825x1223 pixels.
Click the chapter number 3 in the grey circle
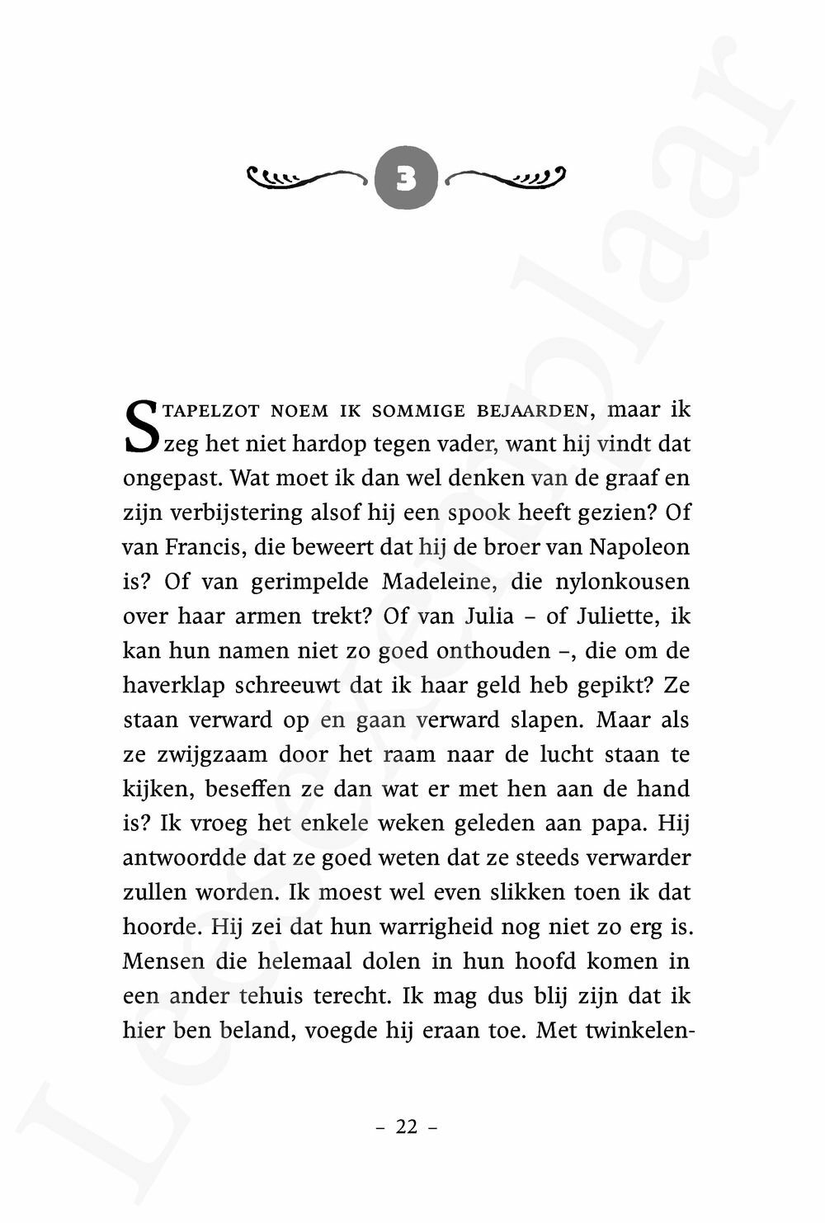(x=406, y=177)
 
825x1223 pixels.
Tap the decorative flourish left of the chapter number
(x=307, y=177)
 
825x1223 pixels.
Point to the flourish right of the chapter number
(x=506, y=177)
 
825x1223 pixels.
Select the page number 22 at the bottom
(x=407, y=1127)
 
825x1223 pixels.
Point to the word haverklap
(x=173, y=685)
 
